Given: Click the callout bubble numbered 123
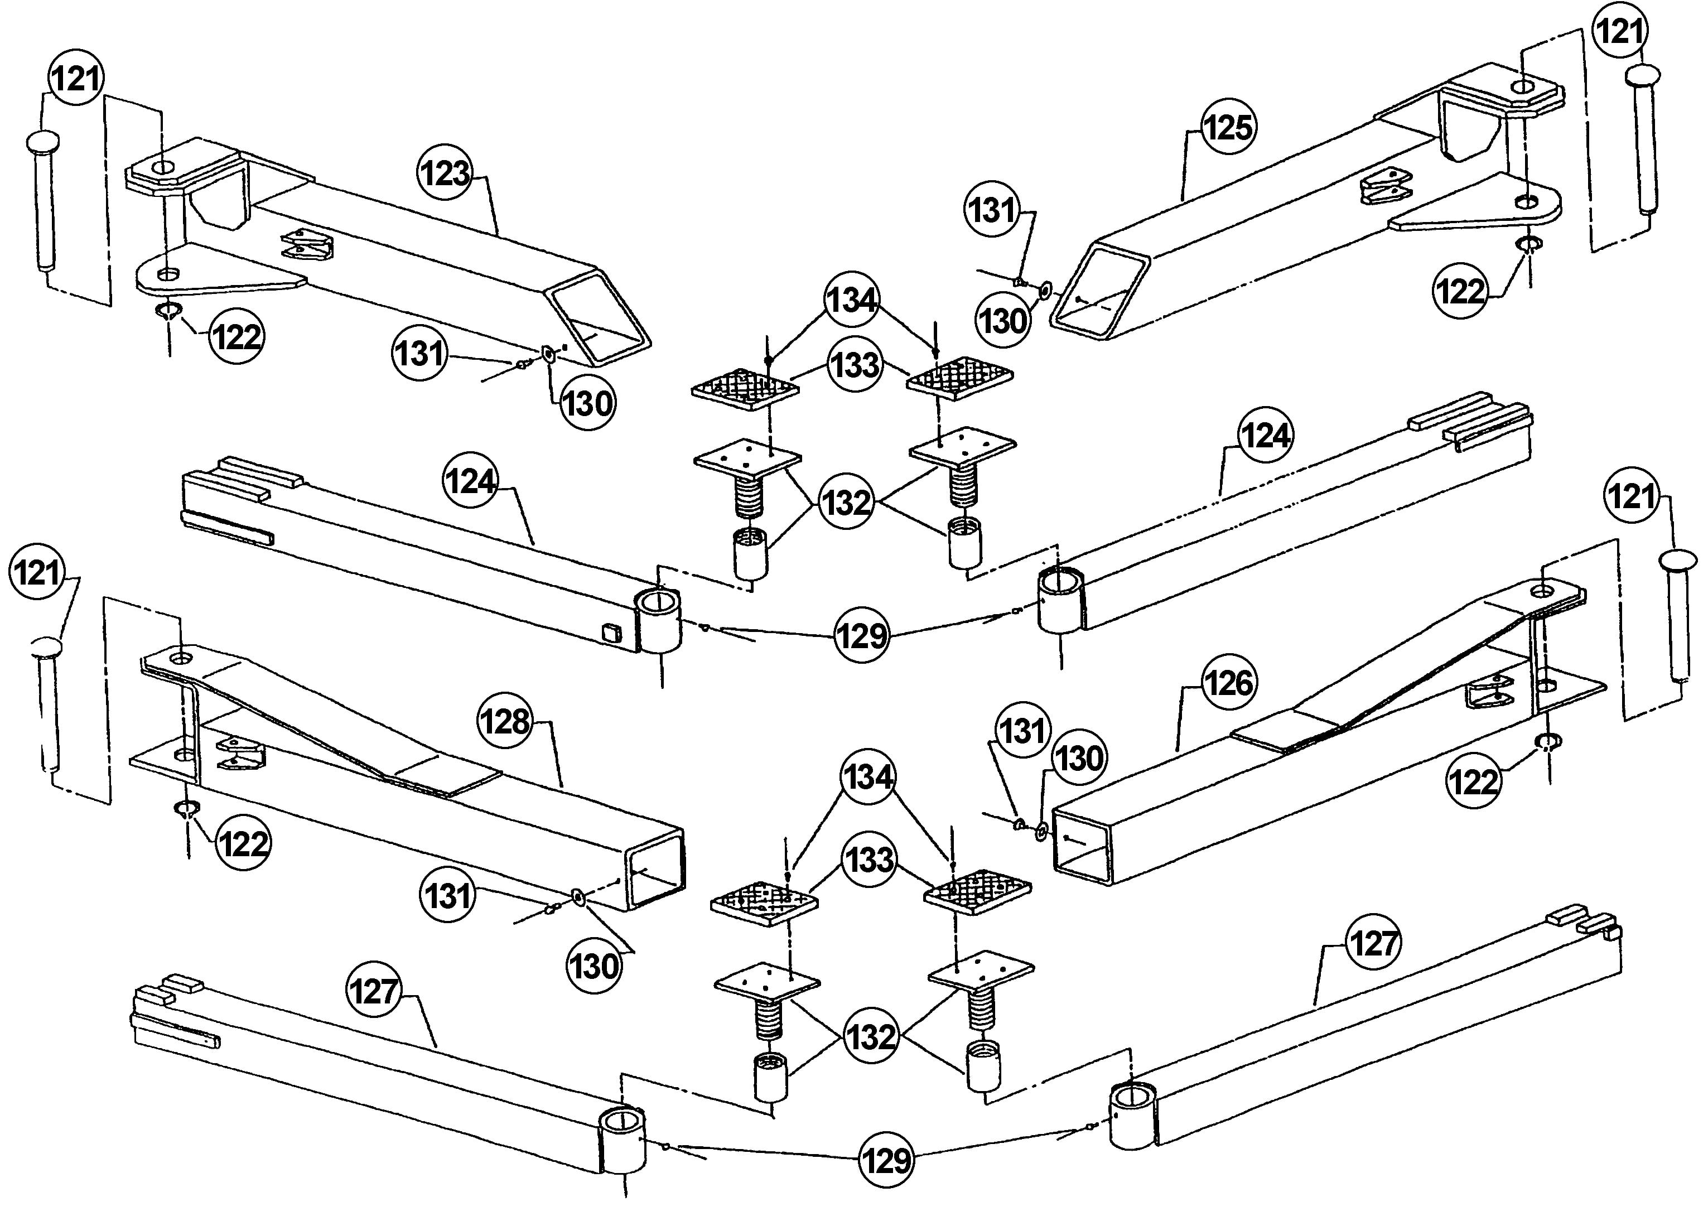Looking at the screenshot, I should pyautogui.click(x=445, y=173).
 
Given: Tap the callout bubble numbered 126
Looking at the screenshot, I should pyautogui.click(x=1228, y=683).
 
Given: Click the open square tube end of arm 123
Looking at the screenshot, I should pyautogui.click(x=599, y=320).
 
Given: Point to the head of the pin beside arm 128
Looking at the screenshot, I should pyautogui.click(x=47, y=646).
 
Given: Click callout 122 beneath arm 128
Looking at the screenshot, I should pyautogui.click(x=242, y=843).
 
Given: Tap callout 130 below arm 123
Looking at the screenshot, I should pyautogui.click(x=587, y=404).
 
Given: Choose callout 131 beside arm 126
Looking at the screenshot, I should pyautogui.click(x=1022, y=730).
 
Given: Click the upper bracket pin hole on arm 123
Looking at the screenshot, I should pyautogui.click(x=165, y=166).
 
